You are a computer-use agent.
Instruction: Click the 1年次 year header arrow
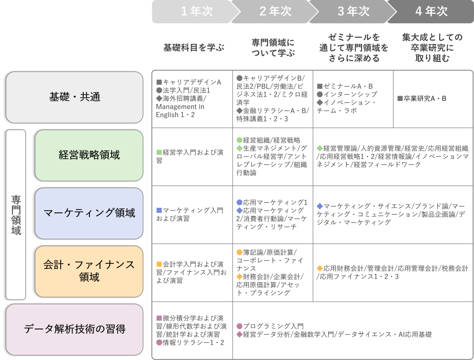[191, 12]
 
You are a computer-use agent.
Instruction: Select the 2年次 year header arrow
[270, 12]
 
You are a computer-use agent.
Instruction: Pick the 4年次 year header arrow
[428, 12]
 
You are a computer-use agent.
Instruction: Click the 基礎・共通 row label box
[74, 97]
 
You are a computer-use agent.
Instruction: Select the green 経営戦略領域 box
[89, 155]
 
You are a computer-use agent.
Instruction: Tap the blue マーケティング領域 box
[89, 213]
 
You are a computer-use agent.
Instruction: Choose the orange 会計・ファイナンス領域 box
[89, 271]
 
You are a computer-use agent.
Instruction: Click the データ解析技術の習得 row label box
[74, 329]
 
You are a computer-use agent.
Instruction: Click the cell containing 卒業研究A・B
[433, 99]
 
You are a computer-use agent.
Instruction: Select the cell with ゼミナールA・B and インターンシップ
[353, 99]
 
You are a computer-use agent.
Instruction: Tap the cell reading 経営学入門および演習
[192, 156]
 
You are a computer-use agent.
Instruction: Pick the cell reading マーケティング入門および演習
[192, 214]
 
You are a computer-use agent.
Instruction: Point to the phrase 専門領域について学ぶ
[273, 47]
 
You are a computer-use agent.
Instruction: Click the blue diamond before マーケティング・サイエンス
[319, 206]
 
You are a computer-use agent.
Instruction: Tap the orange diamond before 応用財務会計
[319, 268]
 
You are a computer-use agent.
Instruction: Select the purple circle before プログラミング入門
[239, 326]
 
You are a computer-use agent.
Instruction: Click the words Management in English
[180, 111]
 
